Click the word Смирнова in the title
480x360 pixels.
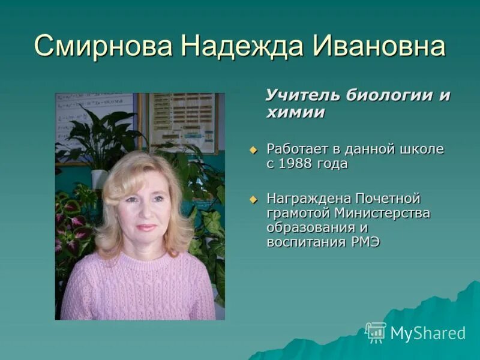pyautogui.click(x=101, y=47)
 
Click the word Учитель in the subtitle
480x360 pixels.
pyautogui.click(x=302, y=95)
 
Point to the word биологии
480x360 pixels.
pyautogui.click(x=385, y=95)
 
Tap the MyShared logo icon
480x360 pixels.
pyautogui.click(x=376, y=332)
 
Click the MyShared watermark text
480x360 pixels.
pyautogui.click(x=428, y=334)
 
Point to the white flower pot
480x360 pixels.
pyautogui.click(x=99, y=178)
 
